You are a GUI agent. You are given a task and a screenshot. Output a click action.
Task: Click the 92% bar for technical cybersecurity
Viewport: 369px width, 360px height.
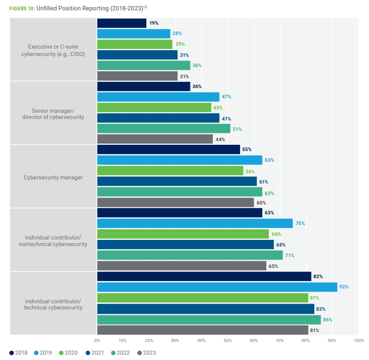click(217, 287)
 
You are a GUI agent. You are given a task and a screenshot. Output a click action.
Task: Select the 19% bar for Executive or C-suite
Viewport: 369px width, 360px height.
click(122, 23)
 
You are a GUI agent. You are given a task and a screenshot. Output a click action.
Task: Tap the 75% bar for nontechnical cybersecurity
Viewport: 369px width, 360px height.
click(195, 223)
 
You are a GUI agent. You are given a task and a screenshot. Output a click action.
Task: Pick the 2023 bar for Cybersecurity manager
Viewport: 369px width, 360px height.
click(175, 202)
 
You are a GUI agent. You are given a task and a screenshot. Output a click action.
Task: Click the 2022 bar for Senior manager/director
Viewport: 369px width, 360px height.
click(164, 129)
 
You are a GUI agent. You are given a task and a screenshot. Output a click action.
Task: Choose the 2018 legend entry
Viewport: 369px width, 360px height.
click(18, 353)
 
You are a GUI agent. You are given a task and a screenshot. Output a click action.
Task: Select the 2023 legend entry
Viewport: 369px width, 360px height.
click(147, 353)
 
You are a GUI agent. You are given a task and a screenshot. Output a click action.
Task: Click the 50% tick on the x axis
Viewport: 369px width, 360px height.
click(228, 341)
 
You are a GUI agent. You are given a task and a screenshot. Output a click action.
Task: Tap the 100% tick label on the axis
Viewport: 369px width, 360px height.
click(358, 341)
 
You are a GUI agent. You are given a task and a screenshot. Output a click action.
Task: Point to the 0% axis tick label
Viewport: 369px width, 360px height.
click(97, 341)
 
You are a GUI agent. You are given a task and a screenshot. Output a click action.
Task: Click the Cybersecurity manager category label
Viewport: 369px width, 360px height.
click(53, 178)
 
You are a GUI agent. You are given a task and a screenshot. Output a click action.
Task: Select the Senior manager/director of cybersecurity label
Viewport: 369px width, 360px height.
click(53, 114)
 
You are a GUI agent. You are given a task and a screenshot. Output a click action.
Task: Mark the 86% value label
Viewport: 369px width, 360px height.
click(327, 319)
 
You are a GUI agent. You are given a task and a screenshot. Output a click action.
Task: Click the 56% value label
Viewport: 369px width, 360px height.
click(250, 172)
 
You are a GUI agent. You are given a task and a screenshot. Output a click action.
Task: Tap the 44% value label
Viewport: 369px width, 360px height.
click(220, 139)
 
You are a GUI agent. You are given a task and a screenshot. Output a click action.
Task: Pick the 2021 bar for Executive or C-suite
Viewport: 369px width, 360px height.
click(137, 55)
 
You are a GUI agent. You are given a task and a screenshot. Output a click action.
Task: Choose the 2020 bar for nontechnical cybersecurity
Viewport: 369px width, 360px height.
click(183, 234)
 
